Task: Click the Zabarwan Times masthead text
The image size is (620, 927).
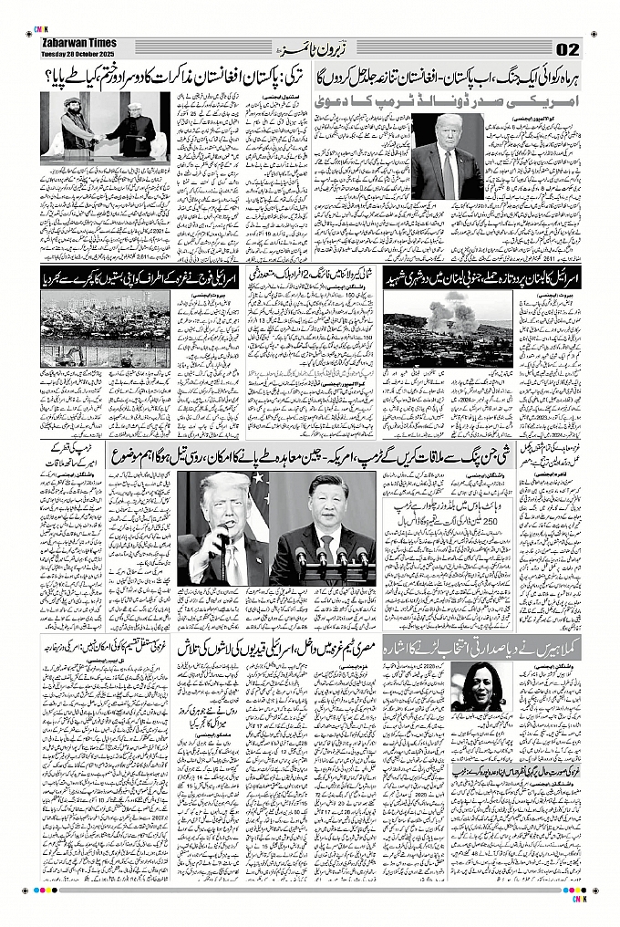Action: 79,42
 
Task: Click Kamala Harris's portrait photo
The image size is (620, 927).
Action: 481,686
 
